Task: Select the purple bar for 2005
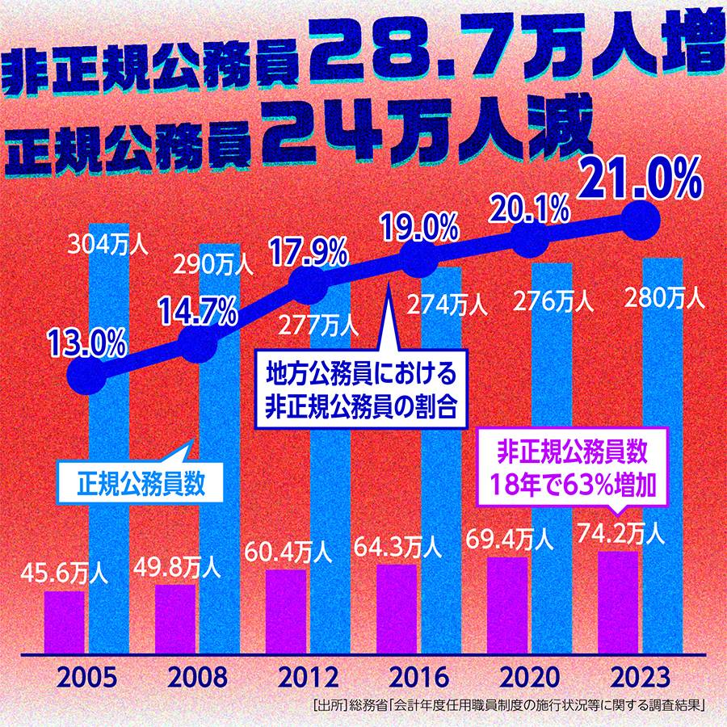pyautogui.click(x=65, y=622)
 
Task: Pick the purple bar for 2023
pyautogui.click(x=618, y=602)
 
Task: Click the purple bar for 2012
pyautogui.click(x=286, y=611)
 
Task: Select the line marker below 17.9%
pyautogui.click(x=309, y=282)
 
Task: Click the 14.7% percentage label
pyautogui.click(x=198, y=311)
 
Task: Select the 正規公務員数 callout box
pyautogui.click(x=139, y=485)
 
